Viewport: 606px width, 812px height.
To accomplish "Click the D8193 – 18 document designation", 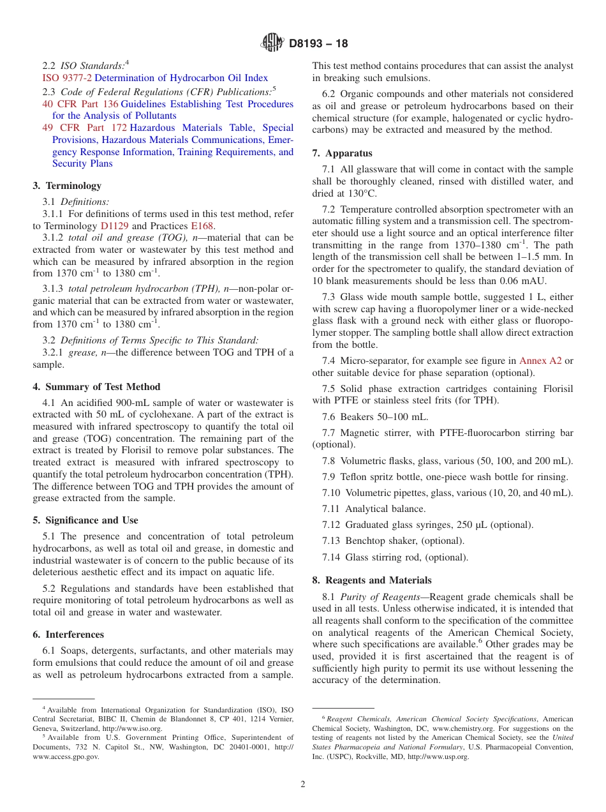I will pos(318,44).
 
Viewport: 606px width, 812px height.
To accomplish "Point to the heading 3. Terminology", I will pos(67,186).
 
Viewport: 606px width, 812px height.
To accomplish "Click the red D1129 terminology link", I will pos(113,225).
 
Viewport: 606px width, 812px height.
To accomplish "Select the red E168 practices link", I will pos(202,225).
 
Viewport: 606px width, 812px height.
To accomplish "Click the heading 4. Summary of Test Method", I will pos(96,387).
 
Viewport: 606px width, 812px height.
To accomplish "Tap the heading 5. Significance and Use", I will pos(85,520).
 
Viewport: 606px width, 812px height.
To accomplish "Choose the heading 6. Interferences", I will pos(68,635).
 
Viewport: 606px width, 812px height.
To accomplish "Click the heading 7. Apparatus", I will pos(342,153).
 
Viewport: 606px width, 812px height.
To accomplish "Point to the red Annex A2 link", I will pos(540,361).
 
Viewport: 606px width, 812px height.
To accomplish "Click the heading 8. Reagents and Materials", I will pos(372,580).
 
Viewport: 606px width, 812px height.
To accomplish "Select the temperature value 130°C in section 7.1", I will pos(361,193).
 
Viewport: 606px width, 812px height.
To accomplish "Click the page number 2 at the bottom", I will pos(303,785).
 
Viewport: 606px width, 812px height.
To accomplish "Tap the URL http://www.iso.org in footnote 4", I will pos(132,728).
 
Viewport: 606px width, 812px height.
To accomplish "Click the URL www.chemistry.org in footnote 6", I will pos(461,728).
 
